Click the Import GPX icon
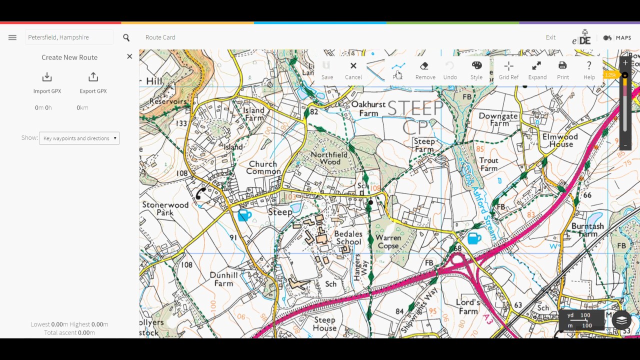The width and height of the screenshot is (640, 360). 47,77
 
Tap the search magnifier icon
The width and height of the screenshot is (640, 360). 126,37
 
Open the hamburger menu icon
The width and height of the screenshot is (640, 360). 12,37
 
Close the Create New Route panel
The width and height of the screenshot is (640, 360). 129,56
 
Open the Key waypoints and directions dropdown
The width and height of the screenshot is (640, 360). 79,138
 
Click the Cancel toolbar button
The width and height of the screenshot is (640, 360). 353,70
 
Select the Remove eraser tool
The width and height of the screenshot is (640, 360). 425,70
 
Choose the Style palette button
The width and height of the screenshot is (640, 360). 476,70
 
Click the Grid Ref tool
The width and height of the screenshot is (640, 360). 508,70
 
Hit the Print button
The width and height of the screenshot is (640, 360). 562,70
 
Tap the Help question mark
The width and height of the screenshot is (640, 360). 589,70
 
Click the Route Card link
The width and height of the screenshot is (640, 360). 160,37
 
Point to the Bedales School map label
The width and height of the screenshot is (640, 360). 348,238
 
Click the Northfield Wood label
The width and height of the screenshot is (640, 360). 328,158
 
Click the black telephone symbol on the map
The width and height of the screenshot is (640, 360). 201,193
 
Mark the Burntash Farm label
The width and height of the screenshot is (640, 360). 587,230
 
